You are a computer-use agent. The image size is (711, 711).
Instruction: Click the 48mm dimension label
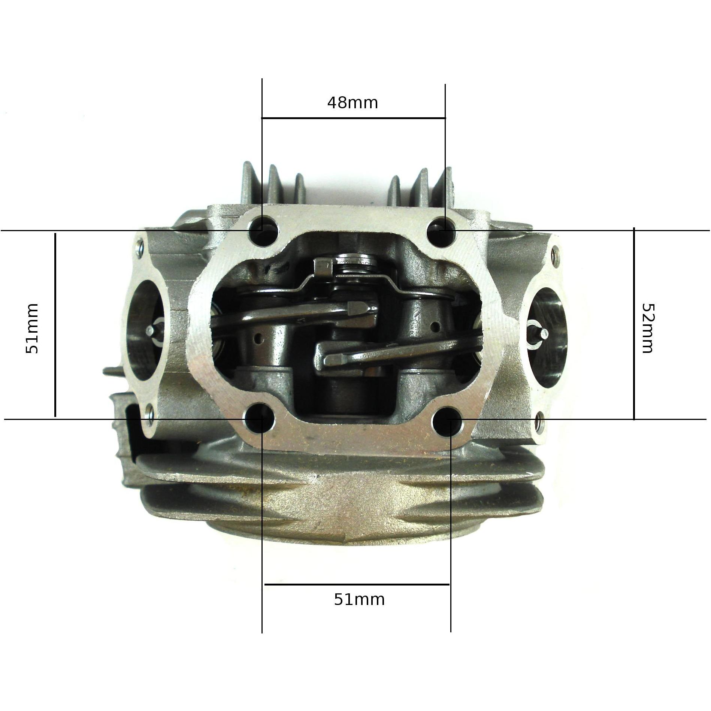point(353,102)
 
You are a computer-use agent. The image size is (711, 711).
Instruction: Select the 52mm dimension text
point(647,328)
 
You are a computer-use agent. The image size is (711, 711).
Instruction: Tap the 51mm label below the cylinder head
point(359,600)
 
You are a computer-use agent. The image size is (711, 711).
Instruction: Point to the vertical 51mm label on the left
point(32,329)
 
